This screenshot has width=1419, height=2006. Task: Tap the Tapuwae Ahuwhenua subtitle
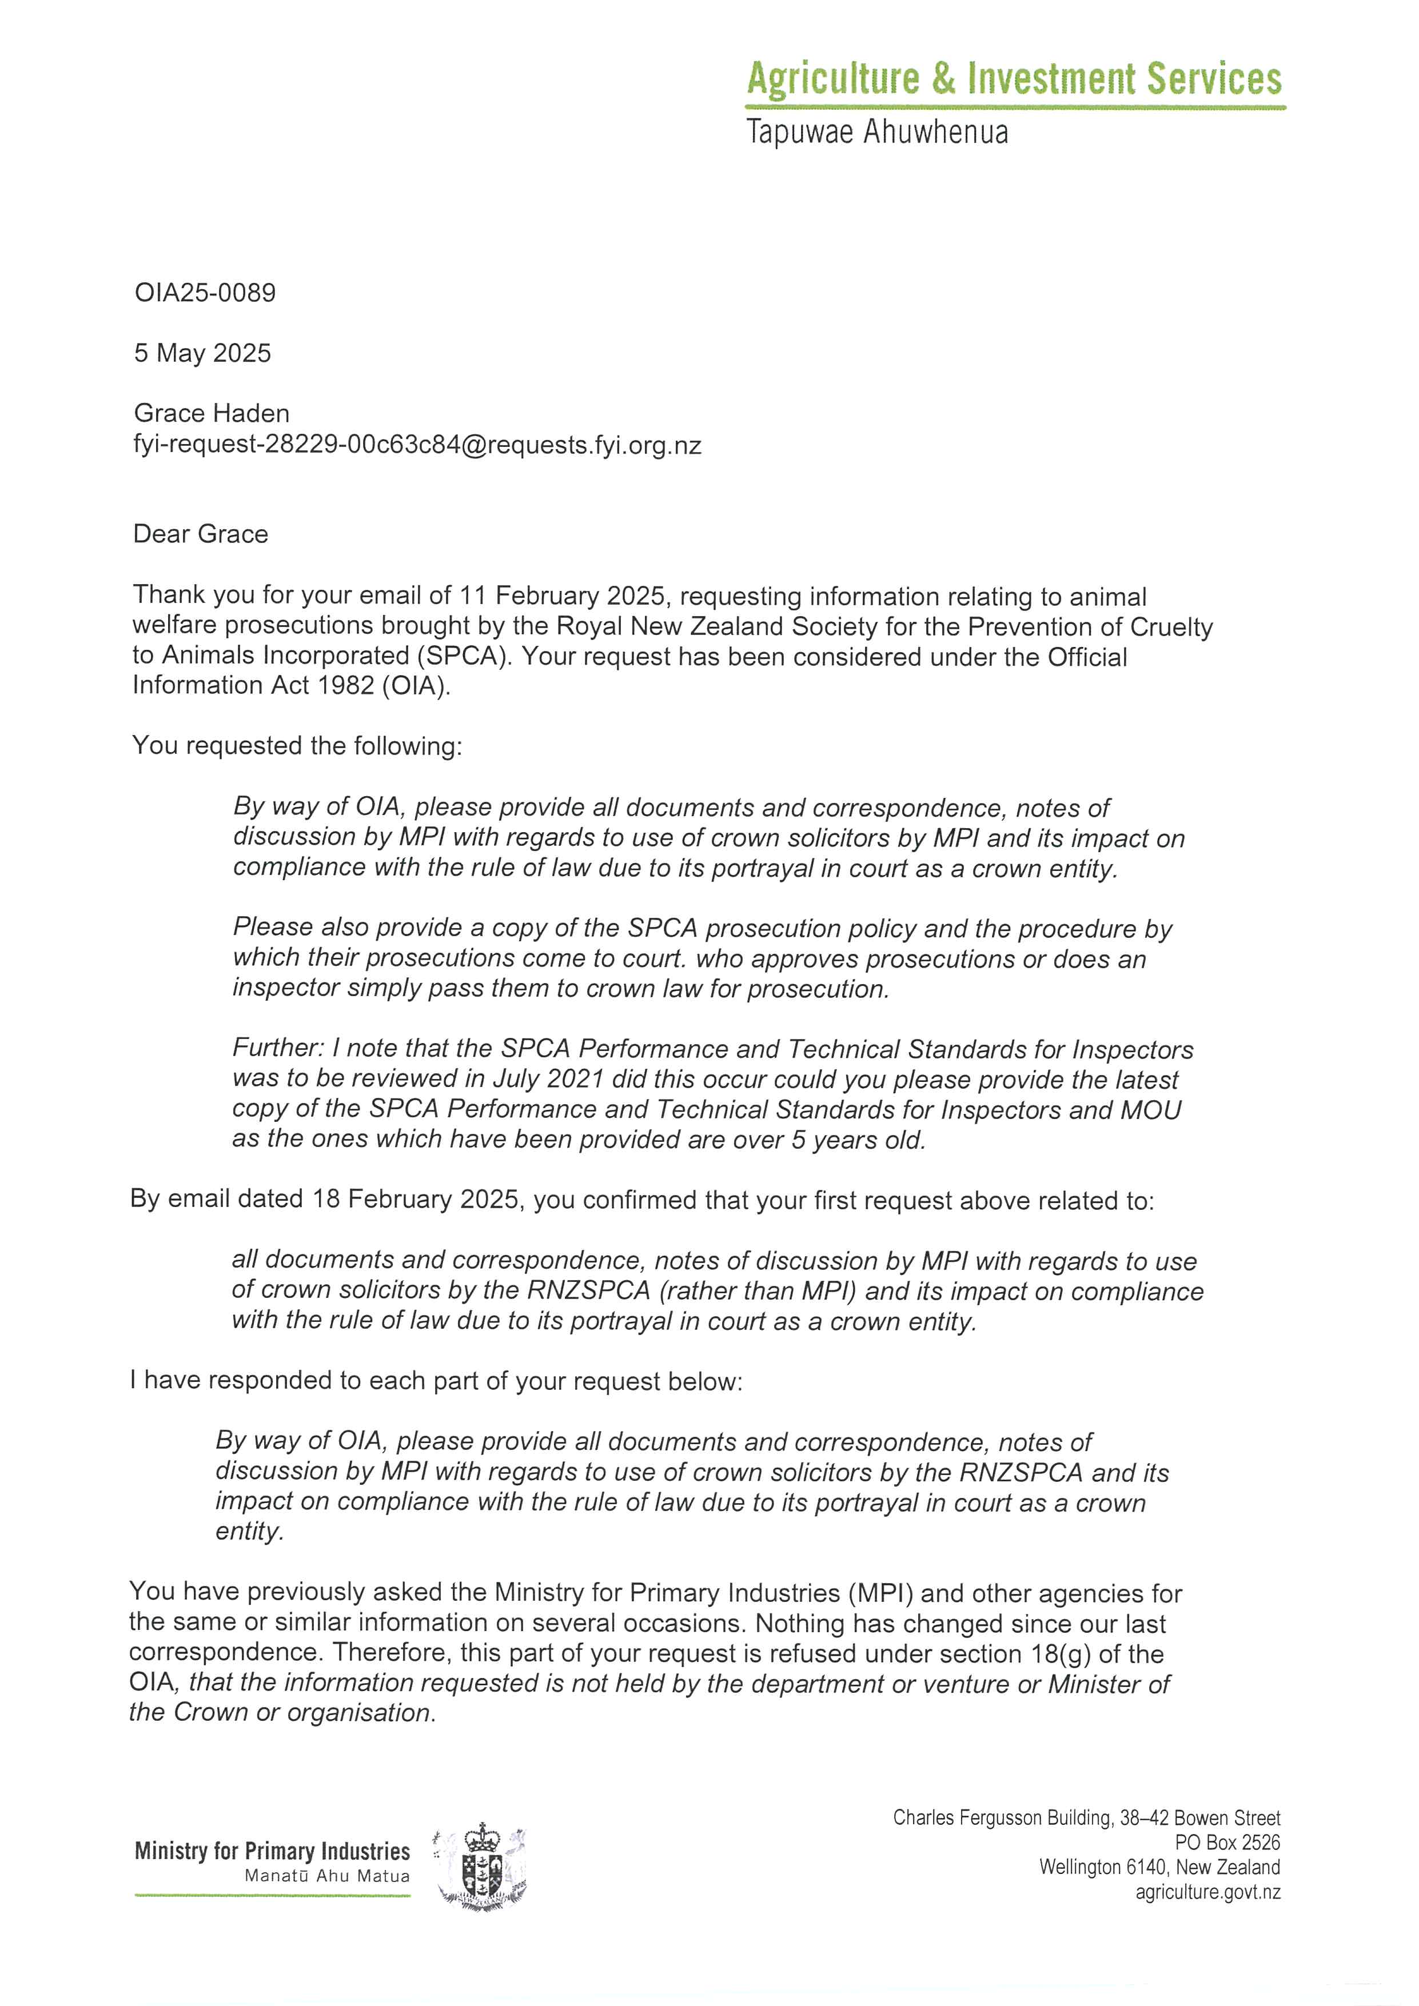[877, 133]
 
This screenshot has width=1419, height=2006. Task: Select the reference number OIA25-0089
[205, 293]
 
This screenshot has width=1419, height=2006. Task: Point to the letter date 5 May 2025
[203, 353]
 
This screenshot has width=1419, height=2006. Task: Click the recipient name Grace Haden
[212, 413]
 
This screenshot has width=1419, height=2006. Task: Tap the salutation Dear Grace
[201, 534]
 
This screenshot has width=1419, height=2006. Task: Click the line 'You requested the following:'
[297, 746]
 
